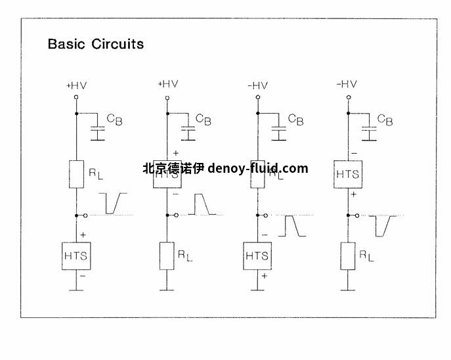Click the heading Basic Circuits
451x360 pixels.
[95, 45]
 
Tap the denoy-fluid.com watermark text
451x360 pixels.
[258, 168]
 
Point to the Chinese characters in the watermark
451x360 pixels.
[173, 168]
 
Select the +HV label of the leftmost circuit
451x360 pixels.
[77, 85]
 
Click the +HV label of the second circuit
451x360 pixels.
[167, 83]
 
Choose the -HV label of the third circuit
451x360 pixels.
[257, 85]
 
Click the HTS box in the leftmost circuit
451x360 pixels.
[77, 255]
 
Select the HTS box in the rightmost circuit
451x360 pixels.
[347, 174]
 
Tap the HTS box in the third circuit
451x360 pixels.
[257, 255]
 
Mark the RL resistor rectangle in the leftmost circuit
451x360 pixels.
[77, 173]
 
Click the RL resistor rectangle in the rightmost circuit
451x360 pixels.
[347, 255]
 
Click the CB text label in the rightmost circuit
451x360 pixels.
[386, 120]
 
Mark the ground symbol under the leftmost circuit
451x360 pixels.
[77, 289]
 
